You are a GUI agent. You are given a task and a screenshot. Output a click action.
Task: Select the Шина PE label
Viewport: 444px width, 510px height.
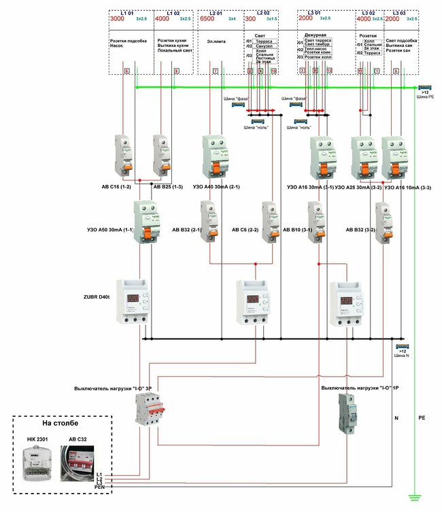[425, 97]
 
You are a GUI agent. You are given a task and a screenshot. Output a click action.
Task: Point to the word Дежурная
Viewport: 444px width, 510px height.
[315, 34]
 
